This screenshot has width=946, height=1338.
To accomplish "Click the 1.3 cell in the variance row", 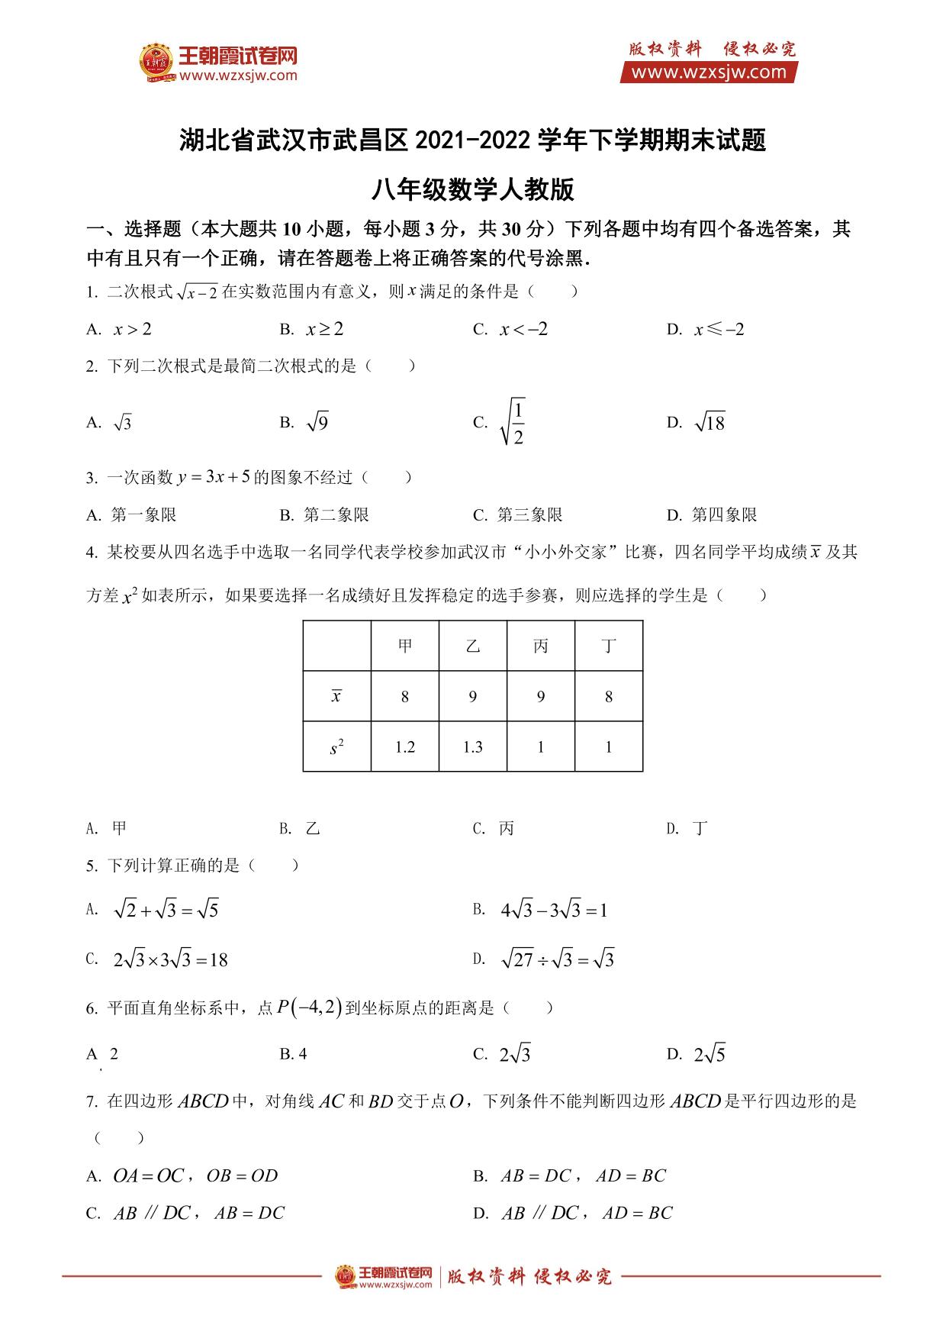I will [x=473, y=747].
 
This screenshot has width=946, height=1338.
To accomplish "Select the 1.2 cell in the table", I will [x=405, y=747].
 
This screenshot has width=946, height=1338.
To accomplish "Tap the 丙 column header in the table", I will [x=541, y=646].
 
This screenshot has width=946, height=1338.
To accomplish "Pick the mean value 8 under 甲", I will [x=405, y=697].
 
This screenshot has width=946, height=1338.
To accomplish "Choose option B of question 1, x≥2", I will [x=324, y=330].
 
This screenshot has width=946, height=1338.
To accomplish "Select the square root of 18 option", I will [x=709, y=423].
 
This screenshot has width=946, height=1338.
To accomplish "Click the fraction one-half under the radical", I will [x=518, y=423].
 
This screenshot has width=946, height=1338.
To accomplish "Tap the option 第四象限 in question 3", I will [x=723, y=515].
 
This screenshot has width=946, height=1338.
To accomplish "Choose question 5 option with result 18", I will [x=170, y=960].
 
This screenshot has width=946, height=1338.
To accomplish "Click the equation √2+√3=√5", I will [x=166, y=910].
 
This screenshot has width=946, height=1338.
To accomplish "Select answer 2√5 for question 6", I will [x=709, y=1055].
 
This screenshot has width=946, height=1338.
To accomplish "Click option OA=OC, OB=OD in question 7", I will [x=195, y=1176].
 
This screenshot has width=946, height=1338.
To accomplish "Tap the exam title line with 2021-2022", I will [x=472, y=141].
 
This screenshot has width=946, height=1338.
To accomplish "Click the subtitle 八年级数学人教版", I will [x=472, y=189].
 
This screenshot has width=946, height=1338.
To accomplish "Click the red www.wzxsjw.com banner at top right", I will [x=709, y=73].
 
